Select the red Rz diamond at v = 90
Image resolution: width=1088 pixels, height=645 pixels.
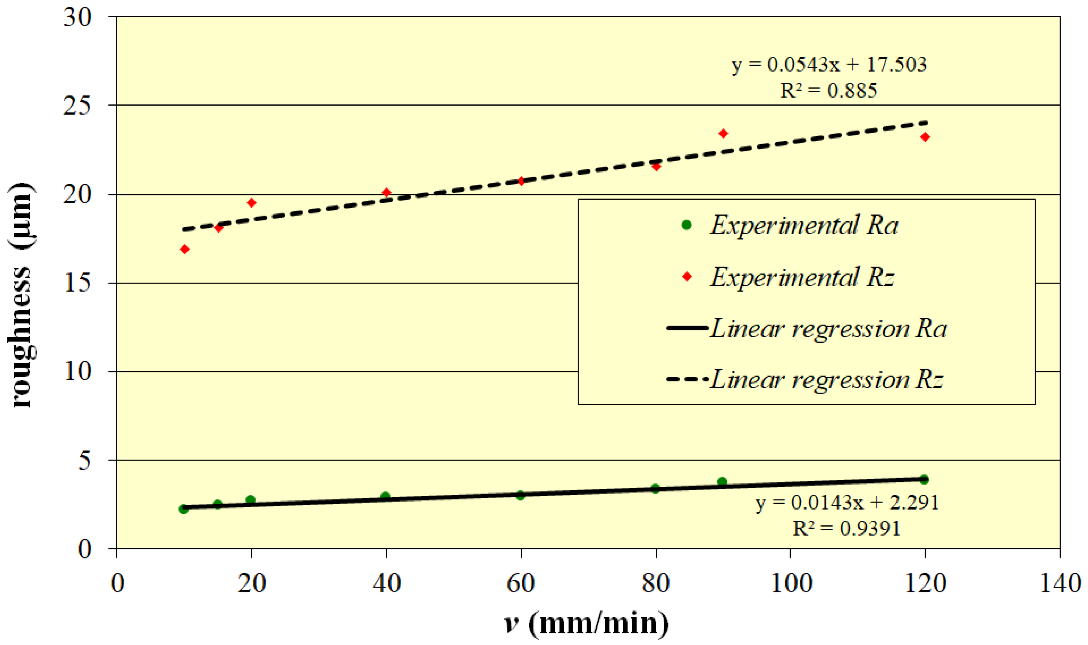click(x=723, y=134)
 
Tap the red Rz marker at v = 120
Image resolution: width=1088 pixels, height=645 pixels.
click(x=925, y=137)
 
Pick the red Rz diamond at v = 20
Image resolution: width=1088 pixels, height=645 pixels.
click(x=251, y=203)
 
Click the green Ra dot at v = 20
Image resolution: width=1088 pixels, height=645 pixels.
click(x=250, y=500)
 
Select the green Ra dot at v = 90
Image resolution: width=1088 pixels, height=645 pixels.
click(x=722, y=482)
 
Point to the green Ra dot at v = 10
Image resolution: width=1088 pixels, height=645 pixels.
click(x=183, y=509)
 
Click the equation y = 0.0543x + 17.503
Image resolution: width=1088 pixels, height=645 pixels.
click(x=828, y=65)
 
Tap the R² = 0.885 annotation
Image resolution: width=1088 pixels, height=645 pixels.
click(x=828, y=91)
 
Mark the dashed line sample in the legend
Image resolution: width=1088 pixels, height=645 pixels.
click(x=687, y=379)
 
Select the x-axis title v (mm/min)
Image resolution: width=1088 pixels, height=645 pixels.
click(x=587, y=623)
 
